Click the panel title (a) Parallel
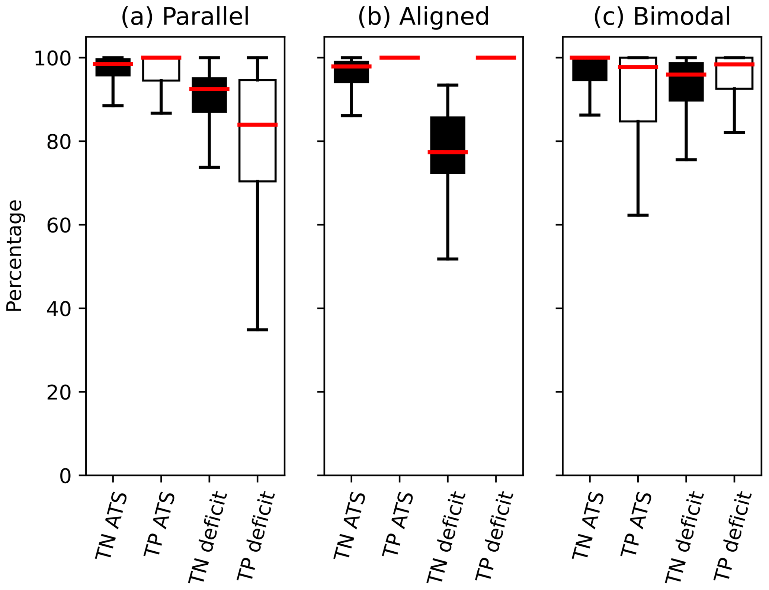tap(185, 17)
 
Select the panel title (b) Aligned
tap(423, 17)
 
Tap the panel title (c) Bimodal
tap(662, 17)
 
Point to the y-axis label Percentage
tap(15, 256)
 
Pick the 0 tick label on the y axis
tap(65, 476)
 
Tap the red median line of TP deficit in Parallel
tap(257, 125)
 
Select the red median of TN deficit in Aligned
tap(448, 152)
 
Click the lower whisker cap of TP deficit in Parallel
tap(257, 330)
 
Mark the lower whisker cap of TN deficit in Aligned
tap(448, 259)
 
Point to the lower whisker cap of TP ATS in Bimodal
tap(638, 215)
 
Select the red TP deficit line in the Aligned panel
tap(496, 58)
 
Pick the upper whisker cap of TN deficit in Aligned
tap(448, 85)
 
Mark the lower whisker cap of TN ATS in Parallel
tap(113, 106)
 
